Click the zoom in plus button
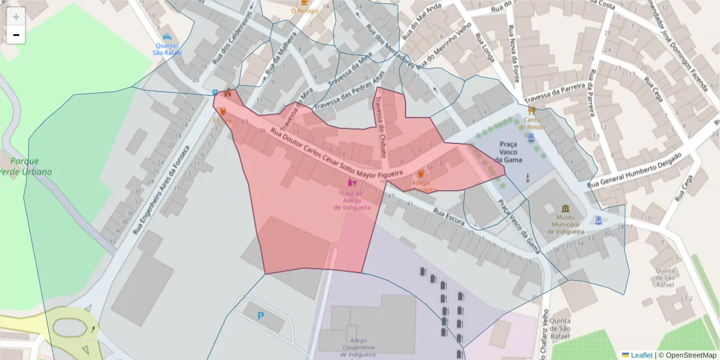point(16,16)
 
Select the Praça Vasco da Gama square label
point(509,152)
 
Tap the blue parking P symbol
point(260,316)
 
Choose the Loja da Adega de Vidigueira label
point(351,200)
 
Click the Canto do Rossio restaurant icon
point(531,110)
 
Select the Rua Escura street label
point(449,217)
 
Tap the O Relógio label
point(304,10)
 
